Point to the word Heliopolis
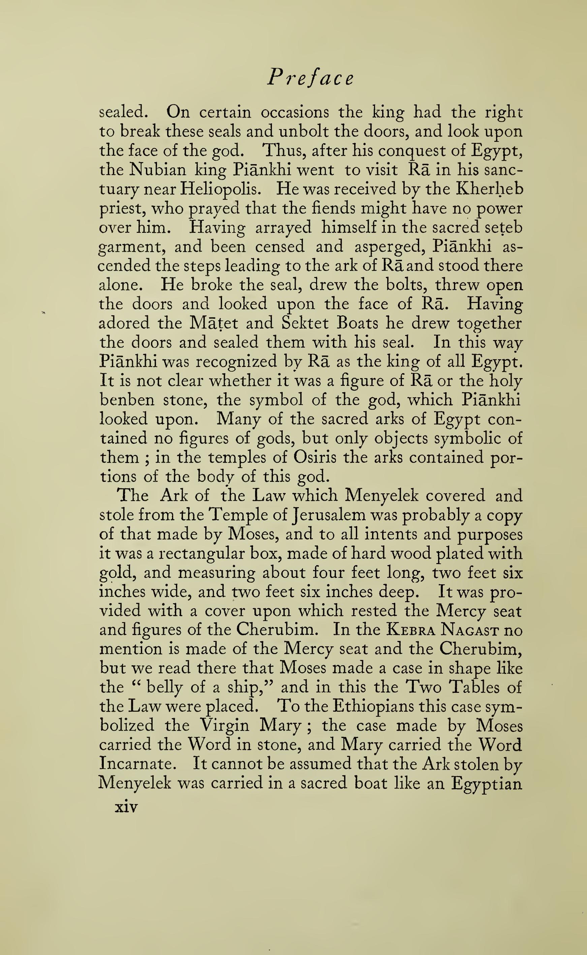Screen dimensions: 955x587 coord(222,189)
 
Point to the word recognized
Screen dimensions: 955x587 coord(237,362)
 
